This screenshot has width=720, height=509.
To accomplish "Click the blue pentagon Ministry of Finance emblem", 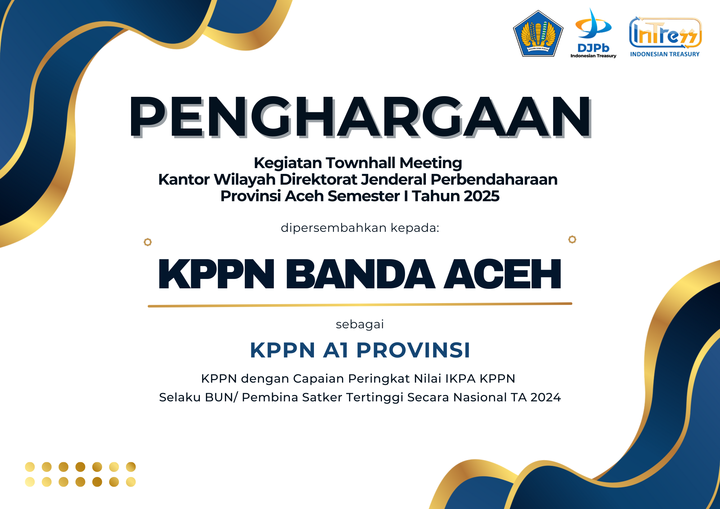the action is [538, 33].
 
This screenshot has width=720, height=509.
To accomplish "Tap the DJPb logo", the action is [593, 33].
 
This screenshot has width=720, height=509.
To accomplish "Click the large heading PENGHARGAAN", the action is [360, 117].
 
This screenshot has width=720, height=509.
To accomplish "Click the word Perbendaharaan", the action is [494, 179].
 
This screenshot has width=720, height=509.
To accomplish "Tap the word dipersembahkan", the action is [334, 228].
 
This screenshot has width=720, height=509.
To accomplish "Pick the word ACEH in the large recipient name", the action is [503, 274].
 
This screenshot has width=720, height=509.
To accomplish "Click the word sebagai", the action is [360, 325].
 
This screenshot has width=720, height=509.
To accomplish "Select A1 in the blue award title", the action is [336, 350].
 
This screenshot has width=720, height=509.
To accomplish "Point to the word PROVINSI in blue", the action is [413, 350].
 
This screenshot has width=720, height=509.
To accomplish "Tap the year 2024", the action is [545, 397].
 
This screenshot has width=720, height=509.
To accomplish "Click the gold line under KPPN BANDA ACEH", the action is [360, 305].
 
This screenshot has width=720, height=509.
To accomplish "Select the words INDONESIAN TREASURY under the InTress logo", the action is [665, 54].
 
